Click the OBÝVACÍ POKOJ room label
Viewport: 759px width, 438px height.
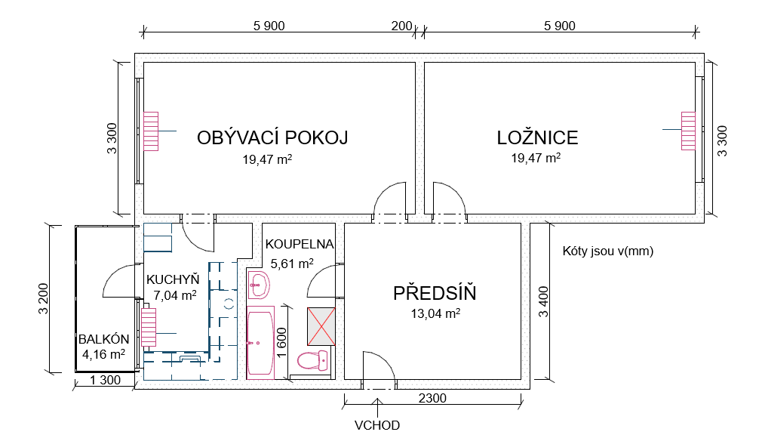272,138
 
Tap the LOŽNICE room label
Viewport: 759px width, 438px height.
537,138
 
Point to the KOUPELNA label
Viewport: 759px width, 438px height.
300,245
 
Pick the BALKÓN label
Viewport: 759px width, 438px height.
104,339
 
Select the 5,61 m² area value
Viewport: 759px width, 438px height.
292,264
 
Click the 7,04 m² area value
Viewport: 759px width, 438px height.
175,295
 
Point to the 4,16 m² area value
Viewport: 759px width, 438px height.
104,353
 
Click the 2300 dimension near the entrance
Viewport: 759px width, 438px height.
433,399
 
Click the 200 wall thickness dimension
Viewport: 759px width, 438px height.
401,26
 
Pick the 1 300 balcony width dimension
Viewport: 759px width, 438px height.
106,381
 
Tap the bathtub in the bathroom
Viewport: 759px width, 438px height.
261,344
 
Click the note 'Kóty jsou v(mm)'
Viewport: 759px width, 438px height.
608,251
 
